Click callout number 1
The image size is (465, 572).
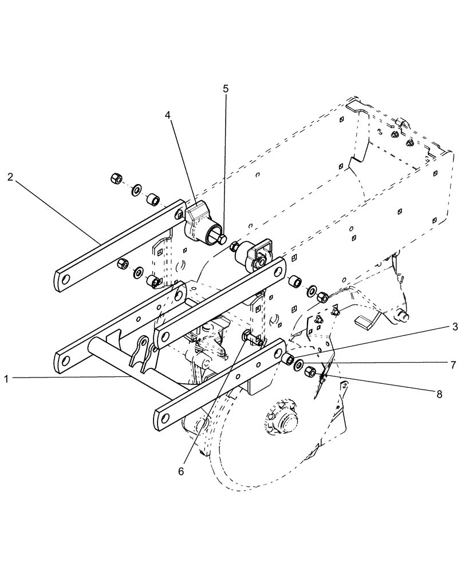tap(7, 378)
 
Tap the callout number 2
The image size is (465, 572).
tap(11, 177)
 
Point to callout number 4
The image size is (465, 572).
tap(167, 114)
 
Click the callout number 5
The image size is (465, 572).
tap(225, 89)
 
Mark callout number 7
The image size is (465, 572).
tap(452, 364)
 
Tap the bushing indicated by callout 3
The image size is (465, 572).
tap(287, 359)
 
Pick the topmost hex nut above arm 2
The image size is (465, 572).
tap(115, 180)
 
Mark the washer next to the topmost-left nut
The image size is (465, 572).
tap(136, 189)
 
